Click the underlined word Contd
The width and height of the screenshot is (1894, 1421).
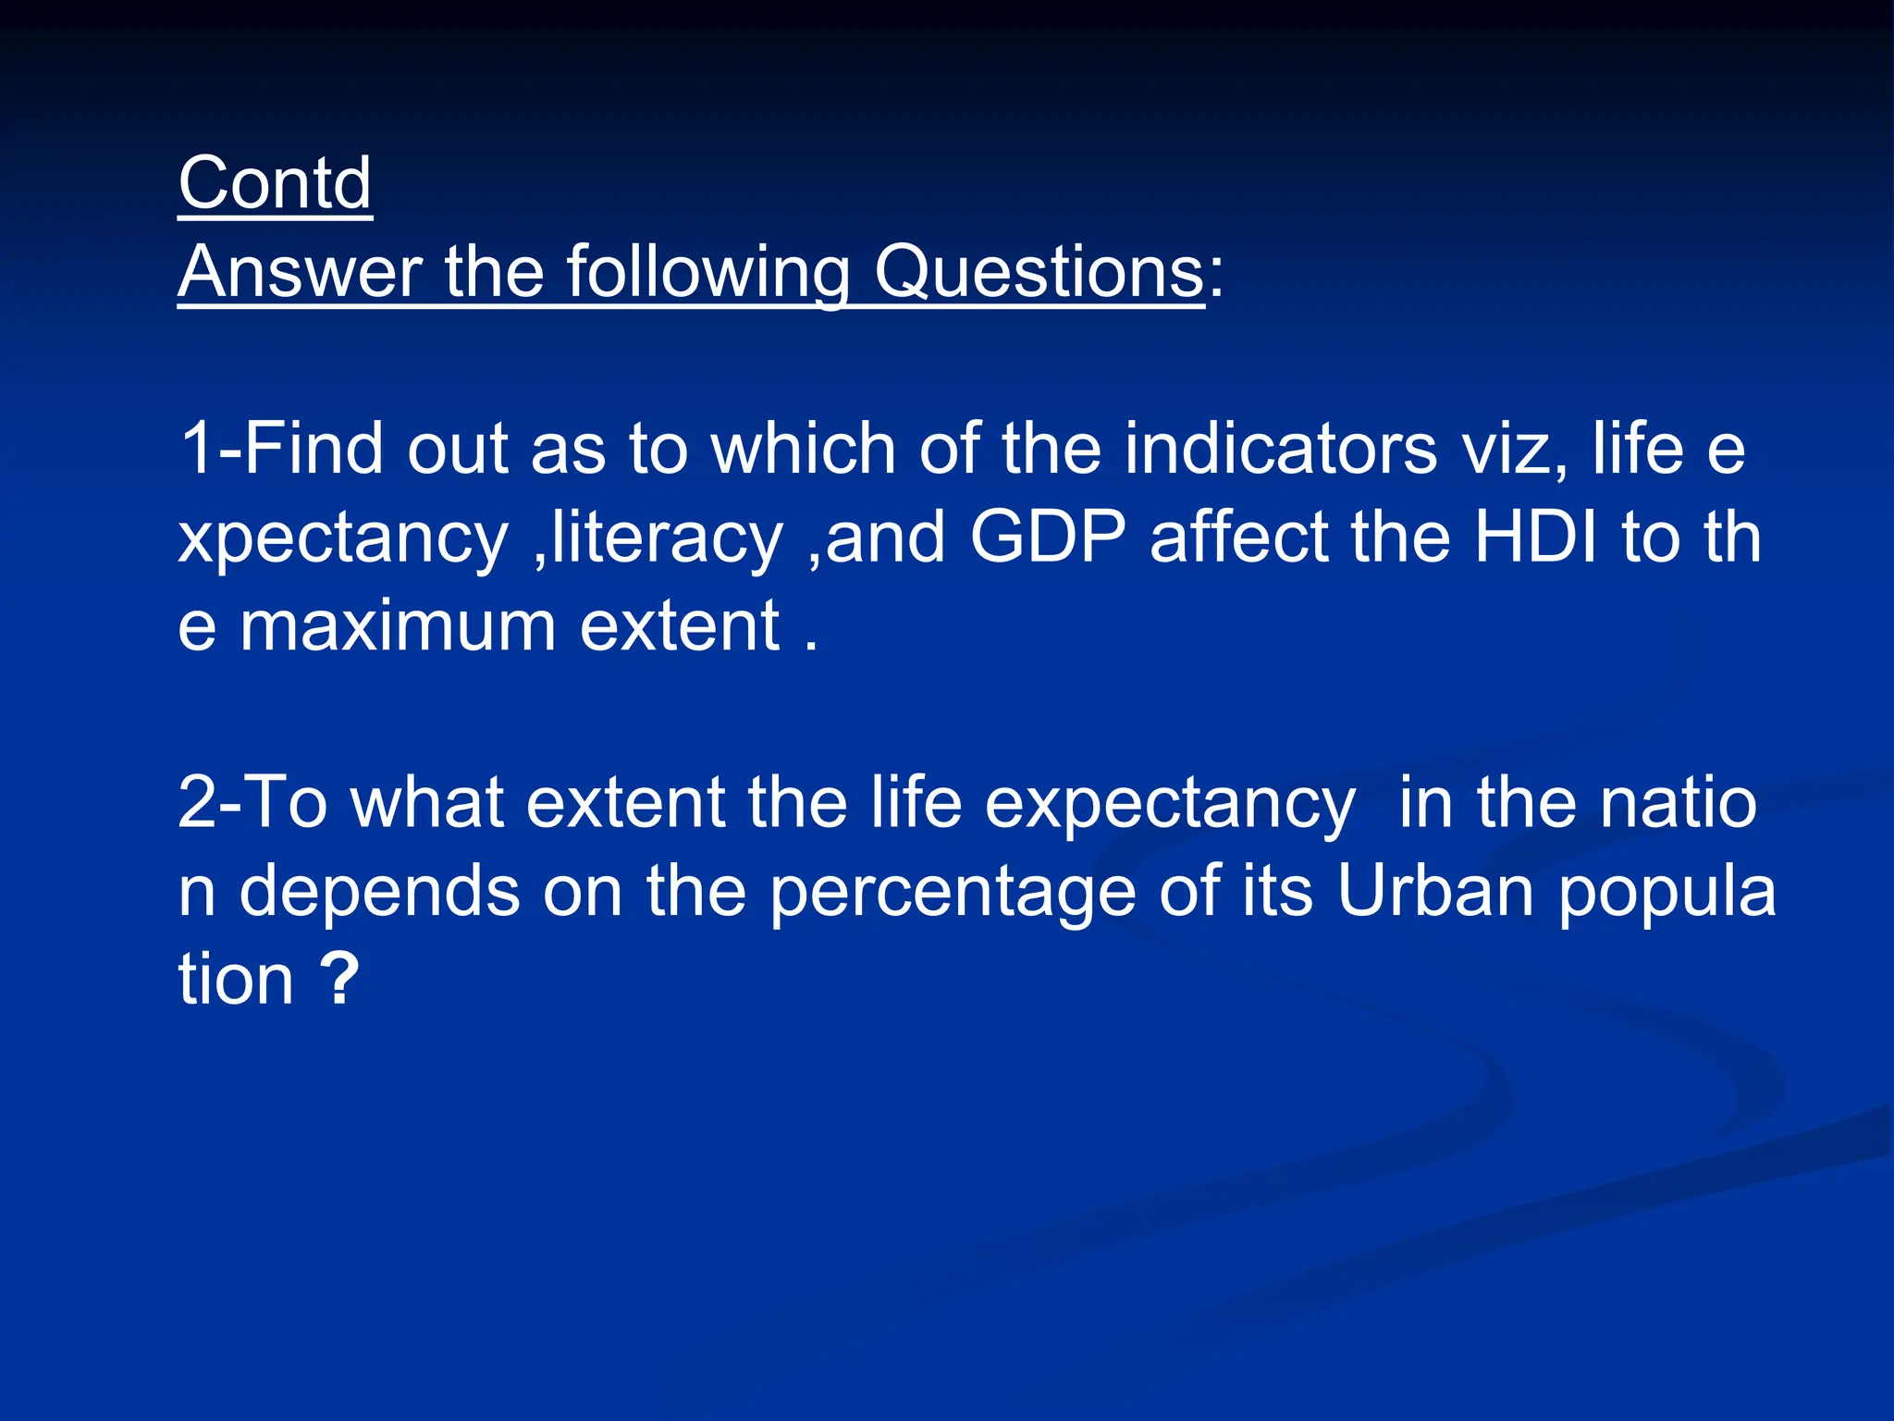275,183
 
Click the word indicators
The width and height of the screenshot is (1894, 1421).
1280,449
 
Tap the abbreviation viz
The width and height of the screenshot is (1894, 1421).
1513,449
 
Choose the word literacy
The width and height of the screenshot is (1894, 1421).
667,538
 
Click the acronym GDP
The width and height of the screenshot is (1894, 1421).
1048,538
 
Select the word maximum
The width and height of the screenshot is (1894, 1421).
398,626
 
